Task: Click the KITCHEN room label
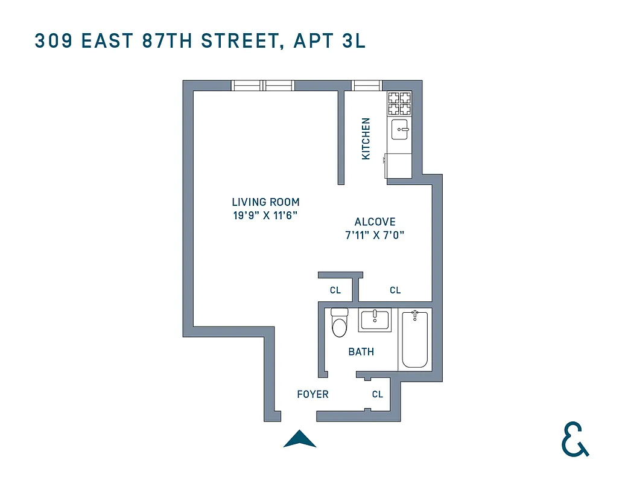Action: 366,139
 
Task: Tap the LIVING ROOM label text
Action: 265,202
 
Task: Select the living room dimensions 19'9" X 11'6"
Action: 265,216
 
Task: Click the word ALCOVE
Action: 375,222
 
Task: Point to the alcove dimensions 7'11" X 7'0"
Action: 374,235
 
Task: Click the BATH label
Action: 361,351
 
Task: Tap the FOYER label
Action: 312,394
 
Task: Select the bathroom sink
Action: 375,320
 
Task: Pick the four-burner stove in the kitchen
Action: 399,104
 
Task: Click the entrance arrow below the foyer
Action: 300,440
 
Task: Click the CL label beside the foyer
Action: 378,394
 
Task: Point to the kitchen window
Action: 367,85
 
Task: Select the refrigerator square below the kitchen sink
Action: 399,165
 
